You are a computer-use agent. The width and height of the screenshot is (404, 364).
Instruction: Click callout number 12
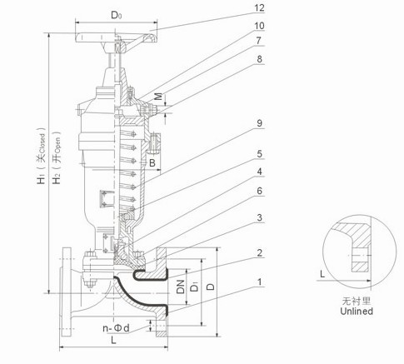pos(259,8)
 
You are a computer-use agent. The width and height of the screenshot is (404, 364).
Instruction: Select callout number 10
pos(259,26)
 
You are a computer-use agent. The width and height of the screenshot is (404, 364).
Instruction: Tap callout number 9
pos(260,123)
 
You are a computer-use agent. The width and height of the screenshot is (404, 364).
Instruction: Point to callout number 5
pos(260,154)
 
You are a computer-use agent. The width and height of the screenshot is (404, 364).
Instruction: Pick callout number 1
pos(260,282)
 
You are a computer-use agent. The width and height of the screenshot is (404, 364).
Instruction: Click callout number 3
pos(260,217)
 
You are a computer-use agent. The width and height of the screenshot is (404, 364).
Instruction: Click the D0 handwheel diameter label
pos(117,15)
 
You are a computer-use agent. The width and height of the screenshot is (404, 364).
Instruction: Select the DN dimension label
pos(181,287)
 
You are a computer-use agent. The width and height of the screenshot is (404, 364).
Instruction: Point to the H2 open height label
pos(57,157)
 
